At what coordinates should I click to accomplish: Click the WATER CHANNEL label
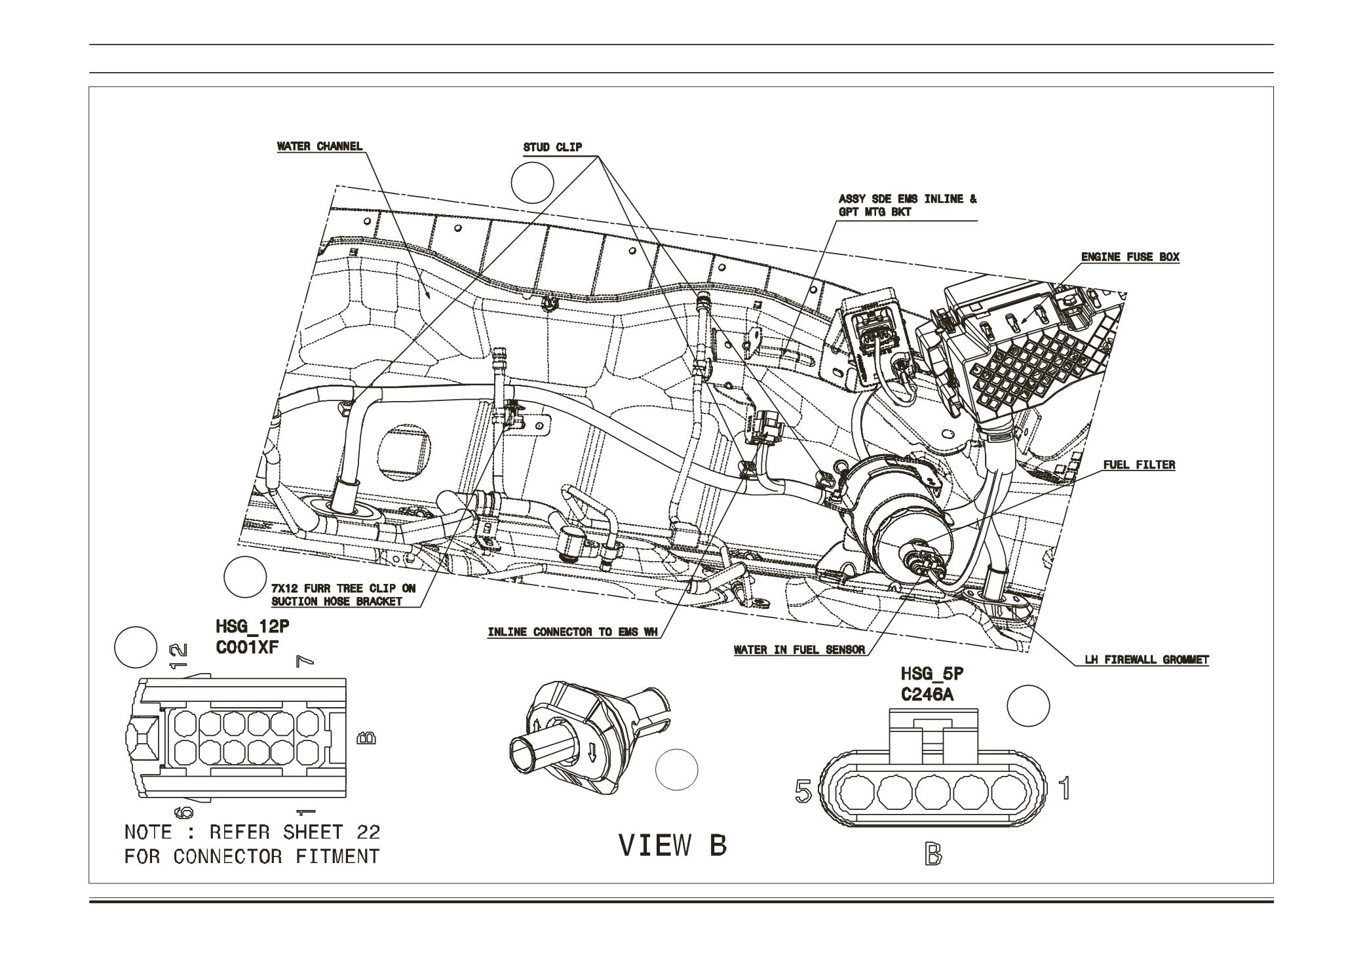(320, 146)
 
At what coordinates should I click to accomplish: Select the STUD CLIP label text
(552, 147)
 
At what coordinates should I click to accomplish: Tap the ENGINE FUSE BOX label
(1130, 257)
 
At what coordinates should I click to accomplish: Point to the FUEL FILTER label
(1139, 465)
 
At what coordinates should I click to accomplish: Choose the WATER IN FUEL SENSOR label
(799, 651)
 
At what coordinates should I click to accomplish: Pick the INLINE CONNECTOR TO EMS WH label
(572, 632)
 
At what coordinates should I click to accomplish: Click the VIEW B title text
(673, 846)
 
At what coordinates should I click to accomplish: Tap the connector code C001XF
(248, 647)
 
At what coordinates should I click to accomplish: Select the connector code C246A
(927, 694)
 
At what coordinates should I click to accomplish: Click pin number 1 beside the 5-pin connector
(1065, 788)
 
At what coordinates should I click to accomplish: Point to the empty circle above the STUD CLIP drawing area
(532, 181)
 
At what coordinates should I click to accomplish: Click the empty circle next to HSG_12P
(136, 647)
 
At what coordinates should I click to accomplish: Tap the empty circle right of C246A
(1027, 706)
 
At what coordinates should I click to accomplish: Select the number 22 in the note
(368, 832)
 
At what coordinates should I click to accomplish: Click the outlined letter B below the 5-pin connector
(934, 855)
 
